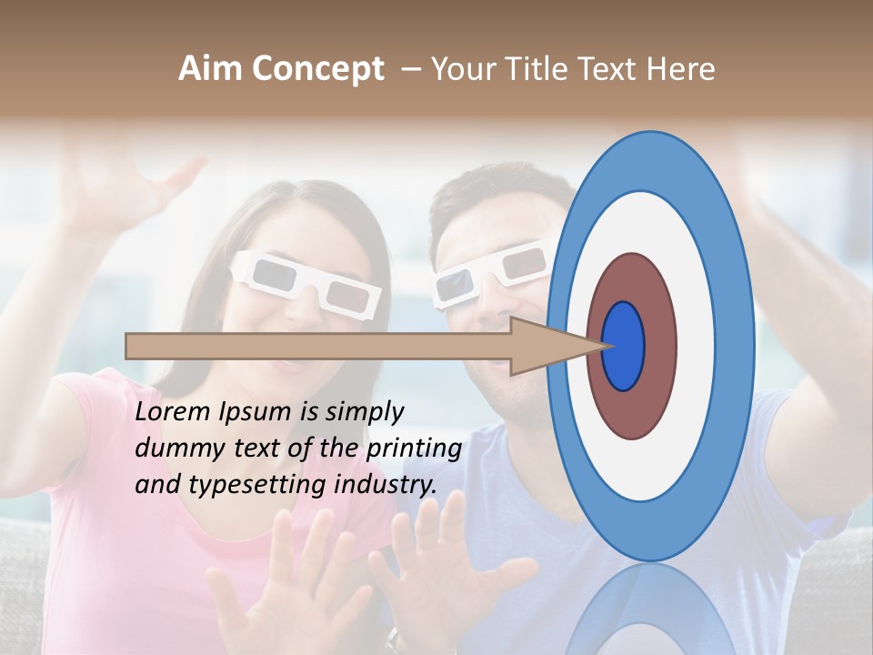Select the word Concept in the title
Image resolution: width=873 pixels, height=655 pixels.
317,69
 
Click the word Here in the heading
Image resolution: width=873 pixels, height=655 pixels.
681,69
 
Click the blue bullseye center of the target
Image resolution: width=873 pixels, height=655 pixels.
624,346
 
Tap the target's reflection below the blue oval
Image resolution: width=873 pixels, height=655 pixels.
649,610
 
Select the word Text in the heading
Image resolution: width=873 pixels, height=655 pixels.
612,69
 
